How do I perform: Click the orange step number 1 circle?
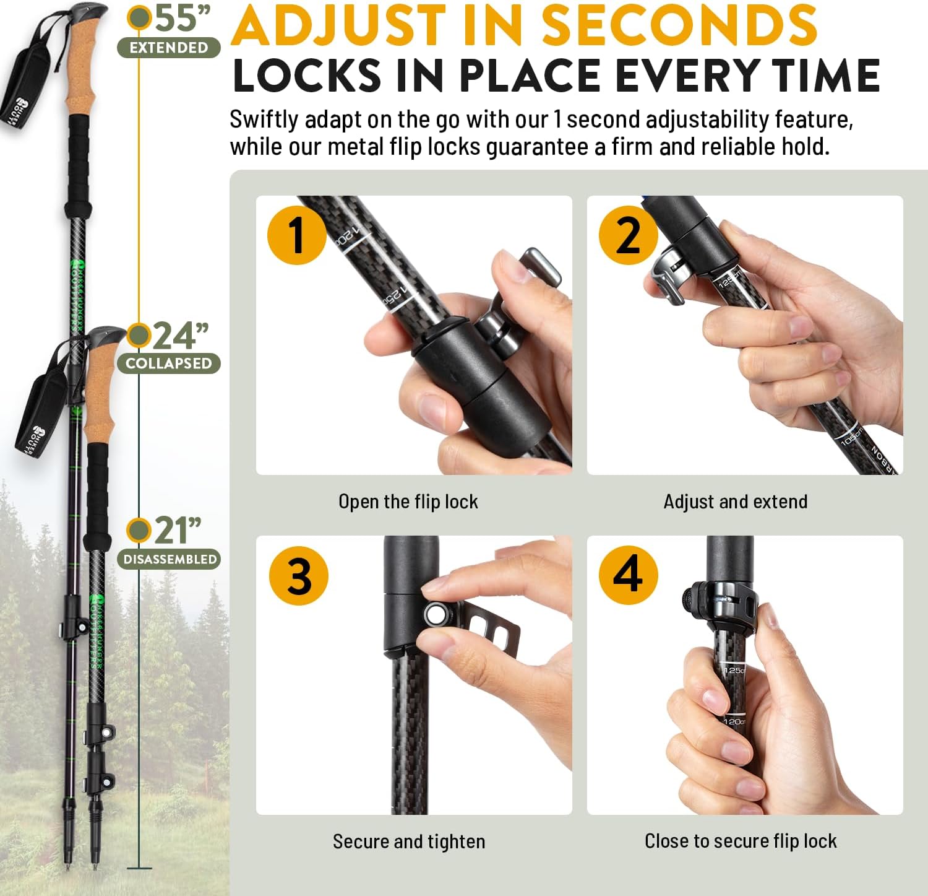(x=297, y=235)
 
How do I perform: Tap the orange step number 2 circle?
(x=628, y=235)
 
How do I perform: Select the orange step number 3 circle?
(x=299, y=575)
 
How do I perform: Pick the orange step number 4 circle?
(x=628, y=575)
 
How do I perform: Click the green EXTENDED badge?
(x=168, y=48)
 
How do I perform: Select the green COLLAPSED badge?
(x=168, y=363)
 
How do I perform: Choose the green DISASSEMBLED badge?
(x=170, y=559)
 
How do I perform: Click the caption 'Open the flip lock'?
(x=408, y=502)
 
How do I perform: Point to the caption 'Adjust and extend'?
(x=735, y=502)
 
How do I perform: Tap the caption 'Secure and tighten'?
(x=408, y=842)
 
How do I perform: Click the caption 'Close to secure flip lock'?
(x=740, y=841)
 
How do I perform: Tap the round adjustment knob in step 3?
(x=436, y=614)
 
